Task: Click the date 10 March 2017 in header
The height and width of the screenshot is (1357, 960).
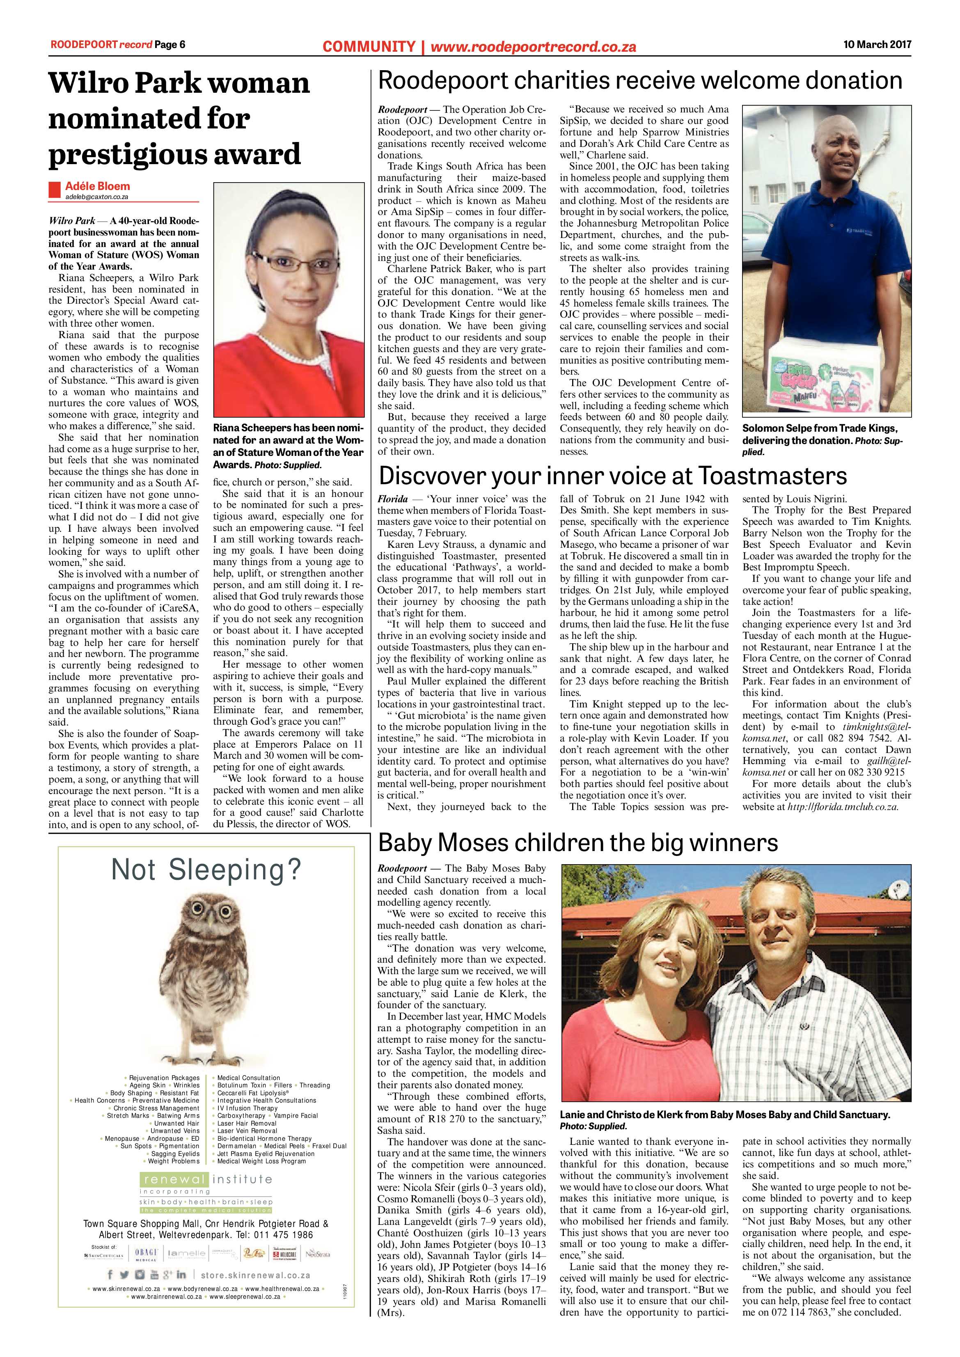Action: (x=877, y=44)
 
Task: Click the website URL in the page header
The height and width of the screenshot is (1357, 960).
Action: (x=533, y=47)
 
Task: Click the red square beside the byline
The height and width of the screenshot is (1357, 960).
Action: (x=55, y=190)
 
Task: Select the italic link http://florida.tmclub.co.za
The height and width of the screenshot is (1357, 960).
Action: (x=843, y=807)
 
